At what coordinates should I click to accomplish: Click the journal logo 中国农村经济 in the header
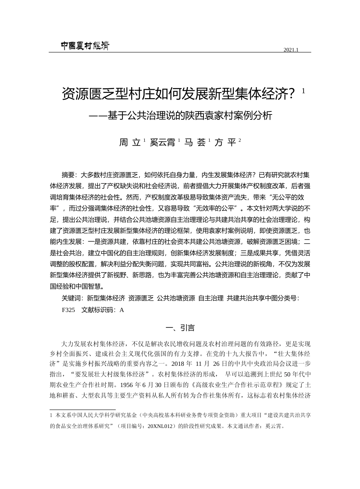point(85,46)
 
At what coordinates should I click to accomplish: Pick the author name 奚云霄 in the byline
point(163,143)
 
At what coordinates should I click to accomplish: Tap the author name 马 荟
point(195,143)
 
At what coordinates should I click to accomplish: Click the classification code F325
point(68,310)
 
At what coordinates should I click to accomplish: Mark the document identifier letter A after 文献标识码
point(122,310)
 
